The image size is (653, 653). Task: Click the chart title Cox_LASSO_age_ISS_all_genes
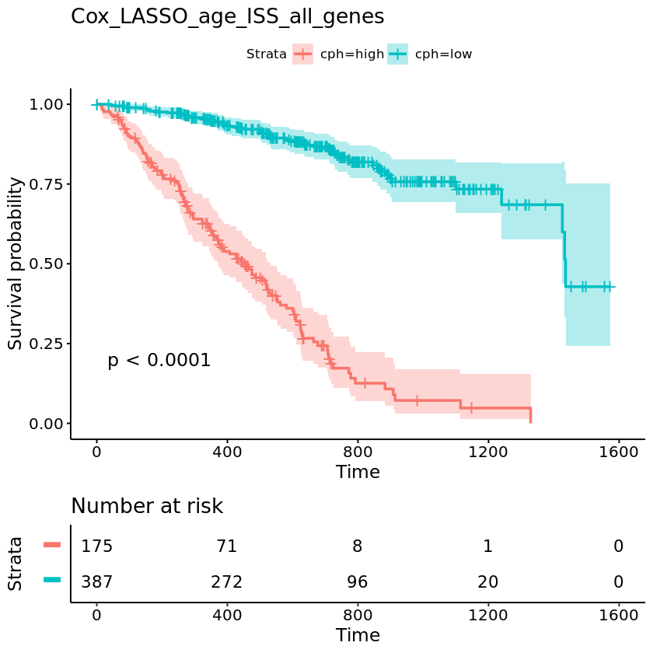227,17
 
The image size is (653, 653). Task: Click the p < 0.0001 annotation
159,361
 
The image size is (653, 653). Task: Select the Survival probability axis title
16,264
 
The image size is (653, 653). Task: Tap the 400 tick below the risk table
227,613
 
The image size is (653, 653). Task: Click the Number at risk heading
147,507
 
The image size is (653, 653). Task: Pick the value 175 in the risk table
97,546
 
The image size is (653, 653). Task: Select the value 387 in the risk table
97,581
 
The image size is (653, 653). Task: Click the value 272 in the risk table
227,581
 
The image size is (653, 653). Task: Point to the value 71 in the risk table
227,546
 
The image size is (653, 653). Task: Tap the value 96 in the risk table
358,581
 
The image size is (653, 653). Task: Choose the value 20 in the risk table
488,581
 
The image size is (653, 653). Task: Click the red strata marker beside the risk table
51,546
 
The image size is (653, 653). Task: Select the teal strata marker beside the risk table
51,580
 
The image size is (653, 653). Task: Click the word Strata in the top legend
266,54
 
